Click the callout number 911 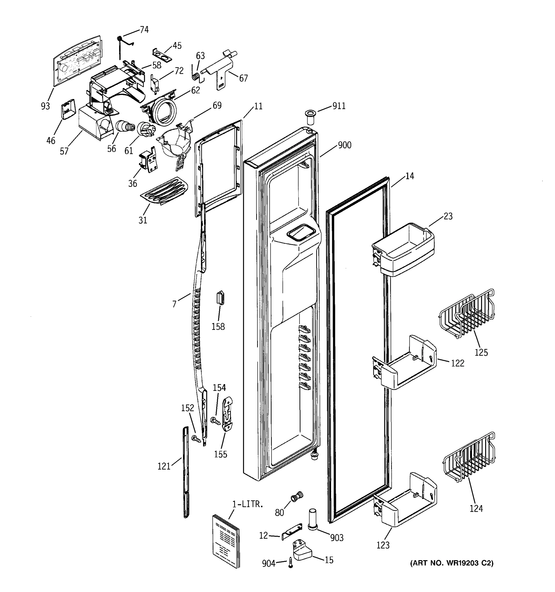click(339, 106)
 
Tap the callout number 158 click(218, 327)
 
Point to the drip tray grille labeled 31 click(164, 191)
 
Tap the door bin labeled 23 click(404, 250)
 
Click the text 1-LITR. click(247, 504)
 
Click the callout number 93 click(45, 106)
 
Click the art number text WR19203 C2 click(452, 563)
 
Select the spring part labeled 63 click(196, 76)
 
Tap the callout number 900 click(345, 145)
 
